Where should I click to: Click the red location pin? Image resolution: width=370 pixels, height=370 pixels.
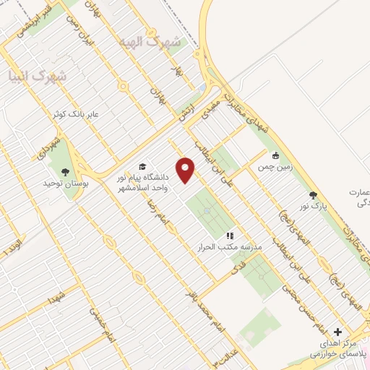coord(186,170)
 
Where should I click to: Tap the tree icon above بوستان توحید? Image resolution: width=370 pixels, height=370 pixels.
coord(66,172)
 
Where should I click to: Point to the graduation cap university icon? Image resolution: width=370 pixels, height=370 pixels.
coord(142,166)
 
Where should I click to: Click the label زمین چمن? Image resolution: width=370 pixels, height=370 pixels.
coord(274,167)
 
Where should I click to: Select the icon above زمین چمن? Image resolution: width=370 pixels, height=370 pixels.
coord(275,155)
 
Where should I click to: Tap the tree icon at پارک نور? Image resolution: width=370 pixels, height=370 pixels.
coord(313,195)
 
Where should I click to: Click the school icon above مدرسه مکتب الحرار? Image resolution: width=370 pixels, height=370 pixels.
coord(230,236)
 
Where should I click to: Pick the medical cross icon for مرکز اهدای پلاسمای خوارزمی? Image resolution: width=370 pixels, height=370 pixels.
coord(337,332)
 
